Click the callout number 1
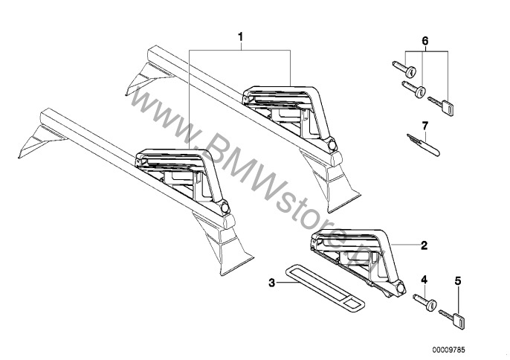[x=240, y=37]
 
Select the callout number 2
[x=424, y=245]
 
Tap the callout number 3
[x=272, y=283]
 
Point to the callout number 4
[x=424, y=280]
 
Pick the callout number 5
[x=458, y=280]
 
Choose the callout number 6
[x=425, y=42]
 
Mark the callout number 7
[x=425, y=126]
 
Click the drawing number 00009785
[x=448, y=350]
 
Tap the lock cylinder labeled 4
[x=425, y=303]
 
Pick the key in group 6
[x=441, y=105]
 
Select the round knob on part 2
[x=401, y=289]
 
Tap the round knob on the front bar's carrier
[x=225, y=207]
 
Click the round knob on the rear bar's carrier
[x=332, y=144]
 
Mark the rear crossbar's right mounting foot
[x=330, y=181]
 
